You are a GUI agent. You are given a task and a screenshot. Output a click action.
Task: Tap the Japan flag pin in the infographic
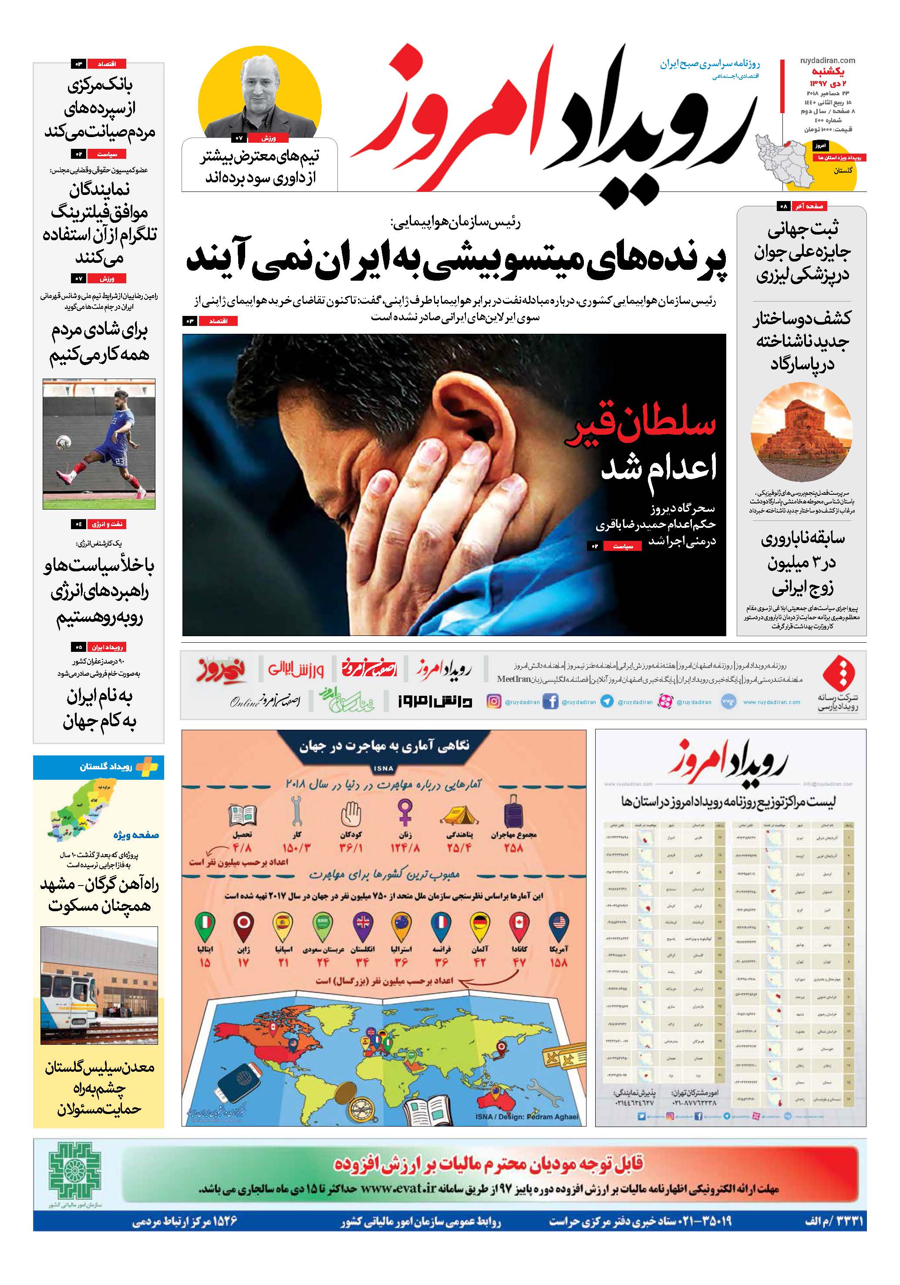point(244,925)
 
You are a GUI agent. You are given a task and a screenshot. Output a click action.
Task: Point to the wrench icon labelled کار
point(296,810)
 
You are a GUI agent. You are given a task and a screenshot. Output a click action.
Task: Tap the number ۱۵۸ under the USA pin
point(558,963)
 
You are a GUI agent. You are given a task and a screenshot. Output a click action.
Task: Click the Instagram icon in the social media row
point(493,701)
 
